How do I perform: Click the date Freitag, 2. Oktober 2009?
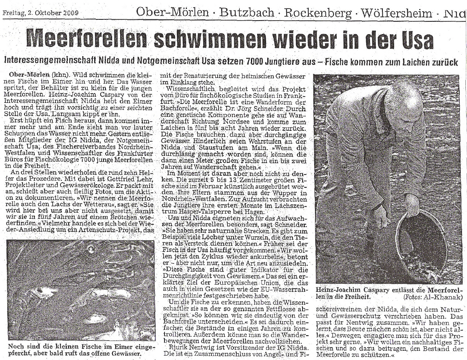(41, 13)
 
